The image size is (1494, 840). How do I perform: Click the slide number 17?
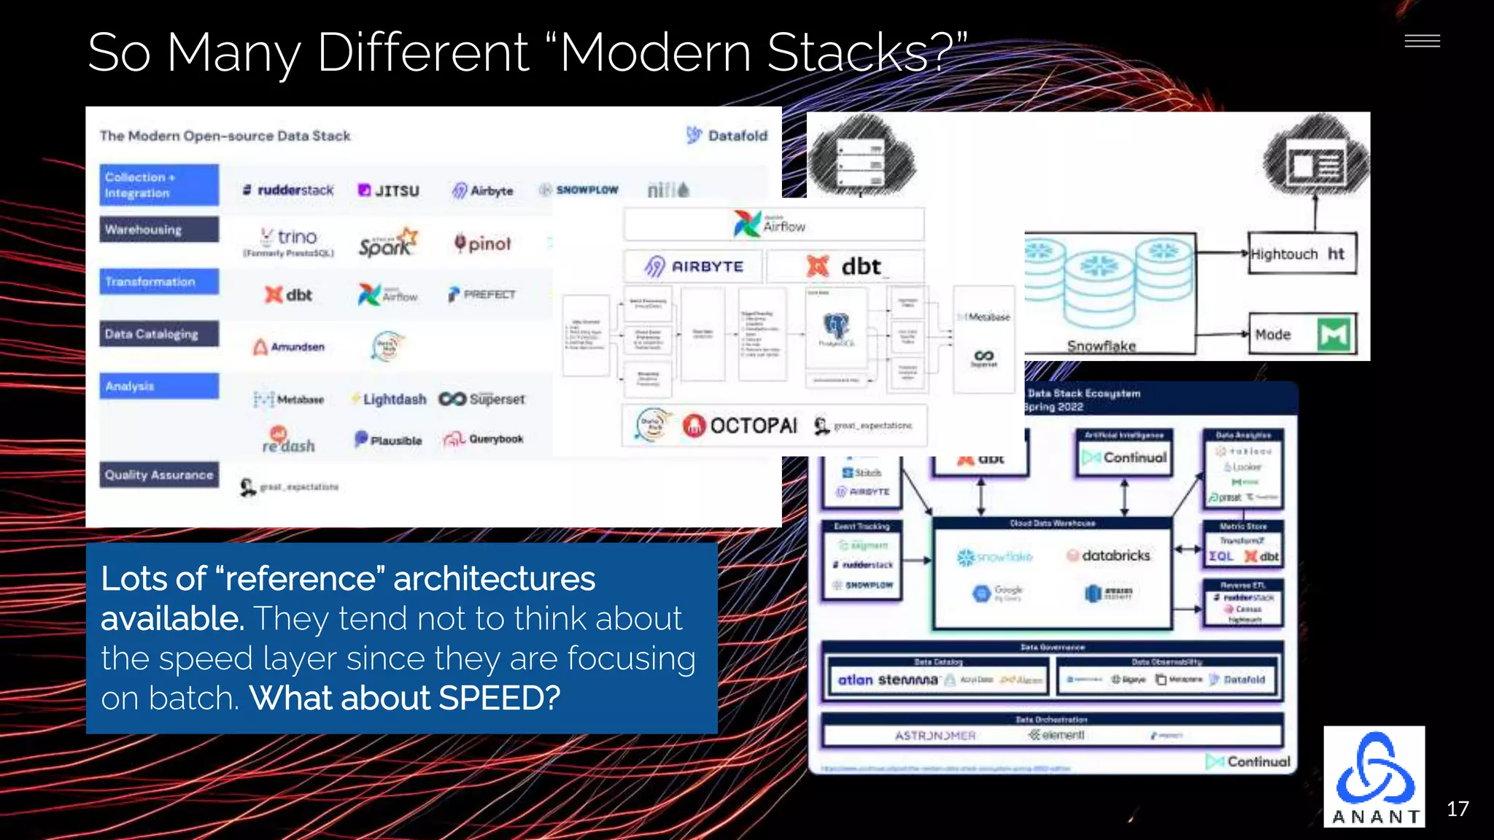click(1457, 809)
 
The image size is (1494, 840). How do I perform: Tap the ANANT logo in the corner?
click(1374, 777)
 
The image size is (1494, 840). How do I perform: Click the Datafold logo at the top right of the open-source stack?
click(727, 136)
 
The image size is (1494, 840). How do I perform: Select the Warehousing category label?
click(159, 229)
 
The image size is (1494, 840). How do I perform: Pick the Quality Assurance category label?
click(159, 475)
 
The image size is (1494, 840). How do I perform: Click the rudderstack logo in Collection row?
click(287, 190)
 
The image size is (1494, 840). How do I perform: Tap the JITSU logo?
click(389, 191)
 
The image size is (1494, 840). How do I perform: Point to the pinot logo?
click(482, 244)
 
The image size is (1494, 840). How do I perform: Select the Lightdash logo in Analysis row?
click(389, 400)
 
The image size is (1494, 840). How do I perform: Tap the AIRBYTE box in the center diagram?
click(694, 267)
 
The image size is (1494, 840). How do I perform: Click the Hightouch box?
click(1302, 254)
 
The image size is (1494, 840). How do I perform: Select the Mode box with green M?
click(1302, 335)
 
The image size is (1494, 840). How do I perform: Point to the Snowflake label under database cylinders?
click(1101, 346)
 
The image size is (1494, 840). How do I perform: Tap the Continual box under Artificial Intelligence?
click(1125, 457)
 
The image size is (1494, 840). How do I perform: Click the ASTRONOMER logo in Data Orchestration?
click(934, 736)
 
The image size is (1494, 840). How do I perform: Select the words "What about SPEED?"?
click(405, 699)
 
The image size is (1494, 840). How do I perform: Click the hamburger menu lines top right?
click(1422, 42)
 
